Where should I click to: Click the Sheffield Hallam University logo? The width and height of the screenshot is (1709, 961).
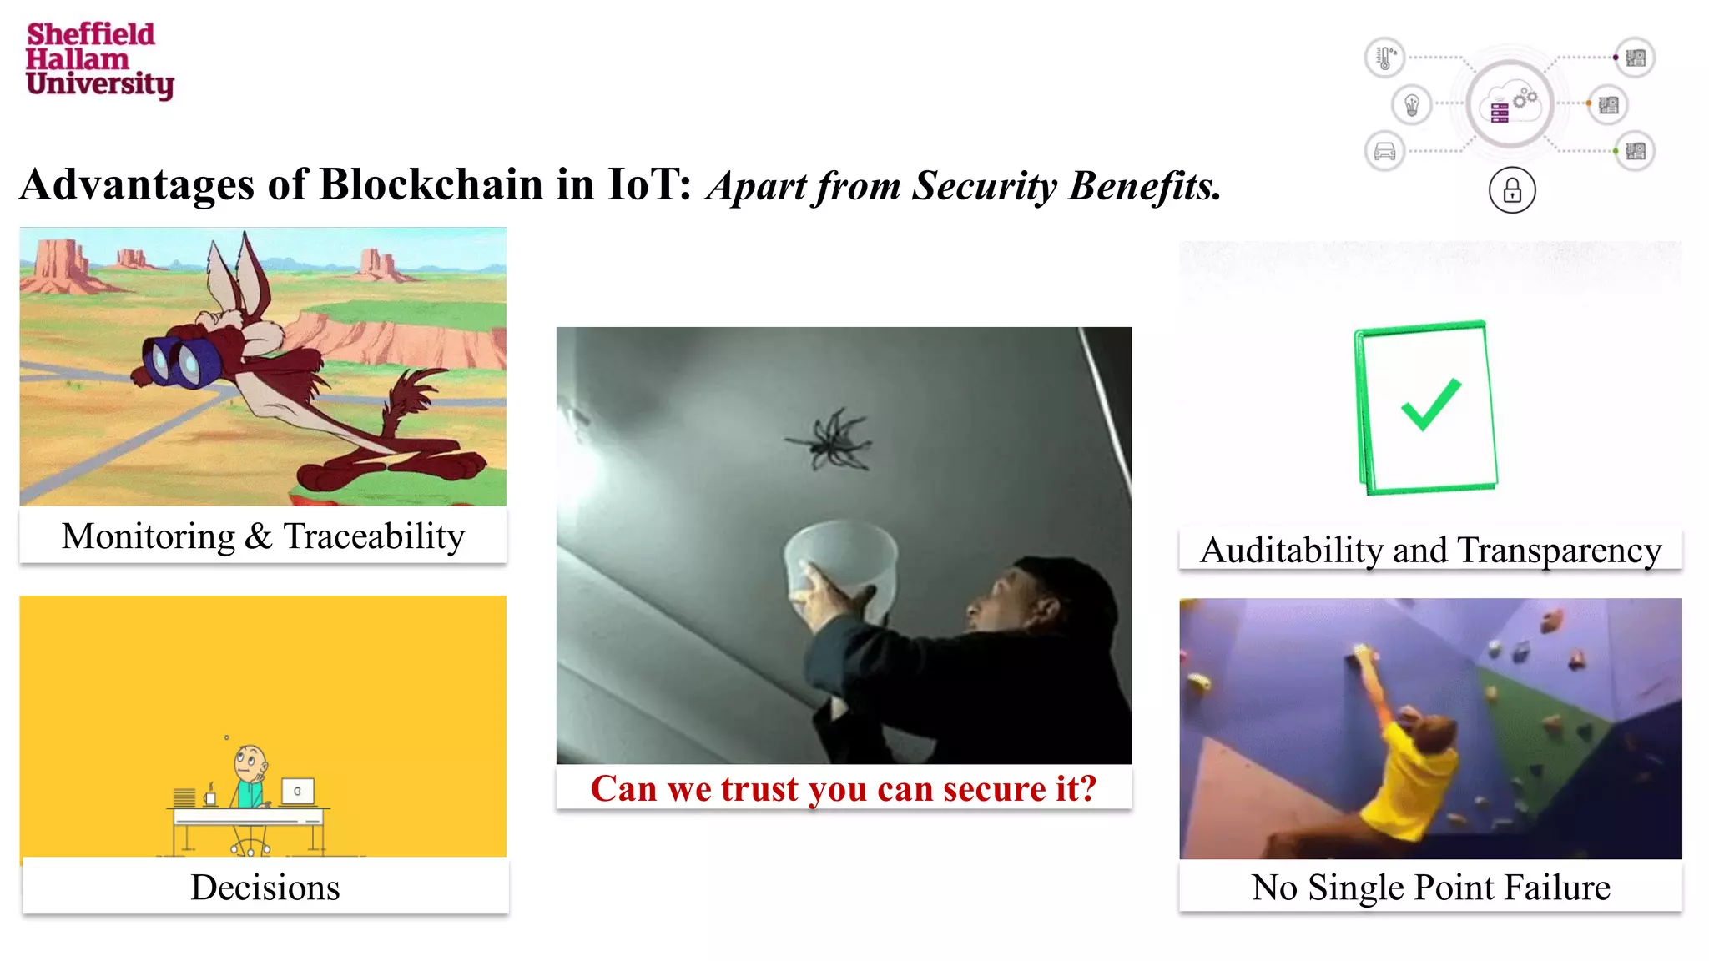tap(98, 60)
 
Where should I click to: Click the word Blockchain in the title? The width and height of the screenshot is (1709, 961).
tap(431, 184)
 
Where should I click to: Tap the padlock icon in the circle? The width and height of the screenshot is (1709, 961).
tap(1511, 191)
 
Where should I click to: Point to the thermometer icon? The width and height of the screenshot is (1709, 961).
tap(1384, 58)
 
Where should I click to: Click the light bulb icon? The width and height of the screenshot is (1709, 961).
tap(1412, 105)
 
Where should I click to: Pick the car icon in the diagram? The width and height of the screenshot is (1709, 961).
tap(1384, 152)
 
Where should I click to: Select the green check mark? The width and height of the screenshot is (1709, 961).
tap(1430, 404)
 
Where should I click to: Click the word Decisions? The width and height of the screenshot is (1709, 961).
tap(265, 888)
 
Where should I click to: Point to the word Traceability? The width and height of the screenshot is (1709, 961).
tap(374, 536)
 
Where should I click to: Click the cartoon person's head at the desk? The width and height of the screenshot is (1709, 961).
tap(250, 761)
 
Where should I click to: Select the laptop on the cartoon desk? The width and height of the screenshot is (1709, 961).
tap(298, 791)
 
